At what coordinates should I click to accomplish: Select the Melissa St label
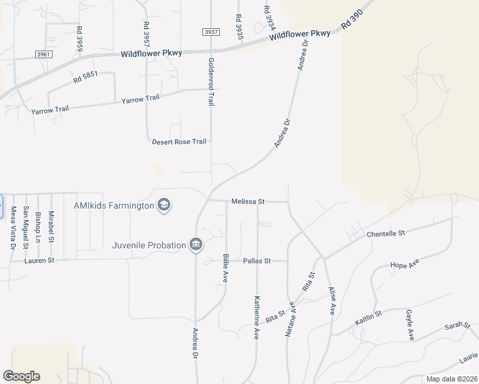pyautogui.click(x=248, y=201)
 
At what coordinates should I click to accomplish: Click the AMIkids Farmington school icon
pyautogui.click(x=165, y=205)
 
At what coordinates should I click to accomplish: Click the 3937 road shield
pyautogui.click(x=211, y=32)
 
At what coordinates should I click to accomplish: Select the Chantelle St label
pyautogui.click(x=386, y=234)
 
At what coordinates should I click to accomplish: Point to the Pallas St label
pyautogui.click(x=257, y=260)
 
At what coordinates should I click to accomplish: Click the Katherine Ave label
pyautogui.click(x=256, y=317)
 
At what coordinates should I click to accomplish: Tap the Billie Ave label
pyautogui.click(x=226, y=268)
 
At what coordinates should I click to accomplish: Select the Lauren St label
pyautogui.click(x=40, y=260)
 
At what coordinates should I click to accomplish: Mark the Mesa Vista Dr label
pyautogui.click(x=12, y=228)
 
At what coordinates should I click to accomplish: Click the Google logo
pyautogui.click(x=21, y=376)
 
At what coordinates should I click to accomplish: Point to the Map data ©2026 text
pyautogui.click(x=451, y=379)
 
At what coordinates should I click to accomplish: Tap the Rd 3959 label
pyautogui.click(x=79, y=39)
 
